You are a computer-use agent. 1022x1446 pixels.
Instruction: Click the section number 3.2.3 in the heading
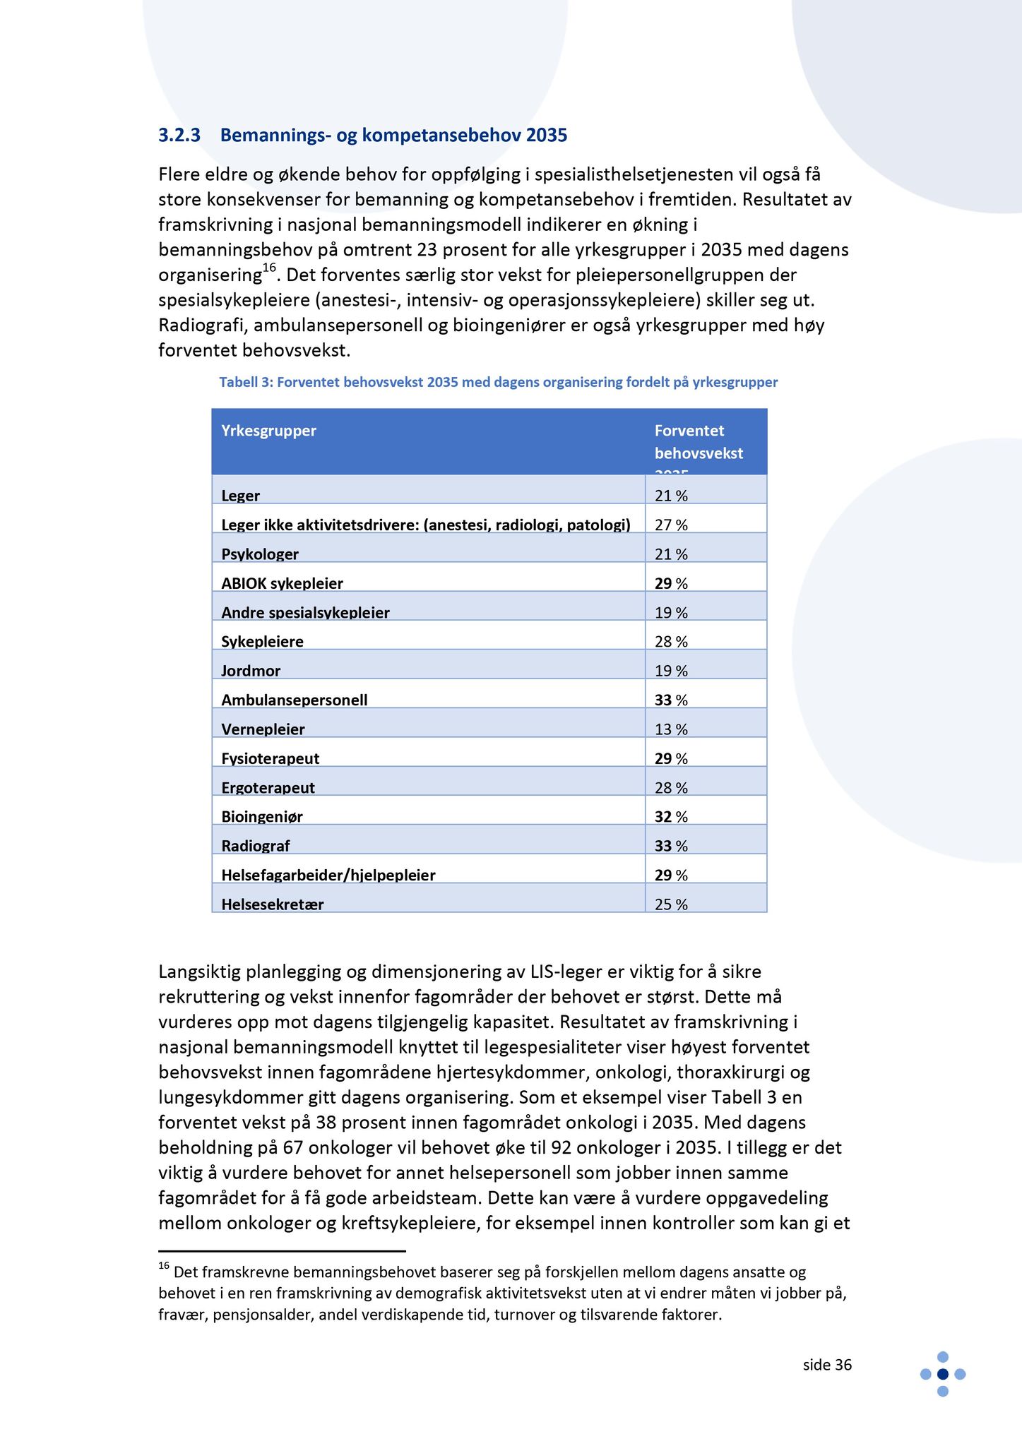(179, 135)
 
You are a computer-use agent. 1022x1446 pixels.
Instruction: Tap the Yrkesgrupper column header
(268, 431)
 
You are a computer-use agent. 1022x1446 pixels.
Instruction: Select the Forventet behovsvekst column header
(698, 442)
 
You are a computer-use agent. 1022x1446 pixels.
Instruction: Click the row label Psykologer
(260, 554)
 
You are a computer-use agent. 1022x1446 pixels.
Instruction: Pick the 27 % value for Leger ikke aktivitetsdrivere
(671, 525)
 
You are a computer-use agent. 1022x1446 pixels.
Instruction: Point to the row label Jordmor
(251, 671)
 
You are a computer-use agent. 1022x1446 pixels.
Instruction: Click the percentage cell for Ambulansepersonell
(671, 700)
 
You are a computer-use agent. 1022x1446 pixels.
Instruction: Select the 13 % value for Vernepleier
(671, 729)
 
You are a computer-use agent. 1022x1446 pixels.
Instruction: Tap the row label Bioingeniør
(262, 817)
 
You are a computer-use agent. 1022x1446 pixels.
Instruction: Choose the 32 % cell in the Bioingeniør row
(671, 817)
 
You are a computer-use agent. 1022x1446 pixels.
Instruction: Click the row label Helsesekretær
(273, 904)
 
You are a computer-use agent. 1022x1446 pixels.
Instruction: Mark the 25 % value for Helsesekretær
(671, 904)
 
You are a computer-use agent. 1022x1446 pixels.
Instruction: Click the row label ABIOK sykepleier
(282, 584)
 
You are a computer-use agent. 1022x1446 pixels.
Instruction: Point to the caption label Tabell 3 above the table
(245, 383)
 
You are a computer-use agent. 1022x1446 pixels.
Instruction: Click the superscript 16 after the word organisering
(269, 268)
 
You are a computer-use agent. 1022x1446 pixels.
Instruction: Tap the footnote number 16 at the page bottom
(164, 1267)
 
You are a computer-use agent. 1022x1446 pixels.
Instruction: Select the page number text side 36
(827, 1365)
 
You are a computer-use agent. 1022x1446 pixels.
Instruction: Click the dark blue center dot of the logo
(942, 1374)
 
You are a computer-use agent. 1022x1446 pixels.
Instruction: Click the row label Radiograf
(256, 846)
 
